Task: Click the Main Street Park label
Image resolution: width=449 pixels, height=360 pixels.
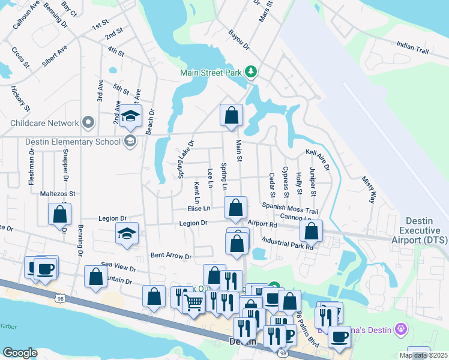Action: [x=211, y=73]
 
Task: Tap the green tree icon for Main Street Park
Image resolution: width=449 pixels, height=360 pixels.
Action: [x=251, y=73]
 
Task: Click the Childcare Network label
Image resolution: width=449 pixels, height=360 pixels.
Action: [x=45, y=123]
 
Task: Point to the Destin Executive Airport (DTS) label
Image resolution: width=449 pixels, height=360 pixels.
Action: [x=424, y=230]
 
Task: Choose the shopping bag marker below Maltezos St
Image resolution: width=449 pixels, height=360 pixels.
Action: [x=60, y=214]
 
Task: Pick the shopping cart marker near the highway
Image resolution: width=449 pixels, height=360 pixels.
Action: [x=193, y=302]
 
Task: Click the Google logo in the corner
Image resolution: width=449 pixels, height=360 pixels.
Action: [x=20, y=353]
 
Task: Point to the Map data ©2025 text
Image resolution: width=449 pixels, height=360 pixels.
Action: [x=423, y=355]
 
